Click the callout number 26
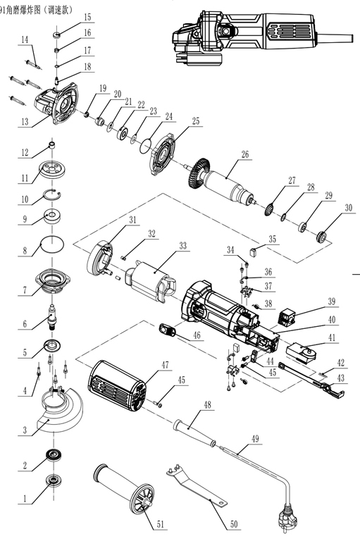click(x=244, y=154)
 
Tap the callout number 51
click(x=160, y=525)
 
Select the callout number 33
click(x=182, y=245)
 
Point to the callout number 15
click(x=87, y=17)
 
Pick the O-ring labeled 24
click(x=145, y=145)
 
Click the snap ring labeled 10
click(x=52, y=194)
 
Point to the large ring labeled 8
click(x=52, y=244)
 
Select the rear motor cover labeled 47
click(x=118, y=386)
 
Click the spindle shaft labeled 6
click(x=51, y=317)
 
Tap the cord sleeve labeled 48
click(x=195, y=433)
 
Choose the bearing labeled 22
click(x=123, y=133)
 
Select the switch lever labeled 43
click(x=312, y=379)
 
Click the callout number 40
click(x=331, y=320)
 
